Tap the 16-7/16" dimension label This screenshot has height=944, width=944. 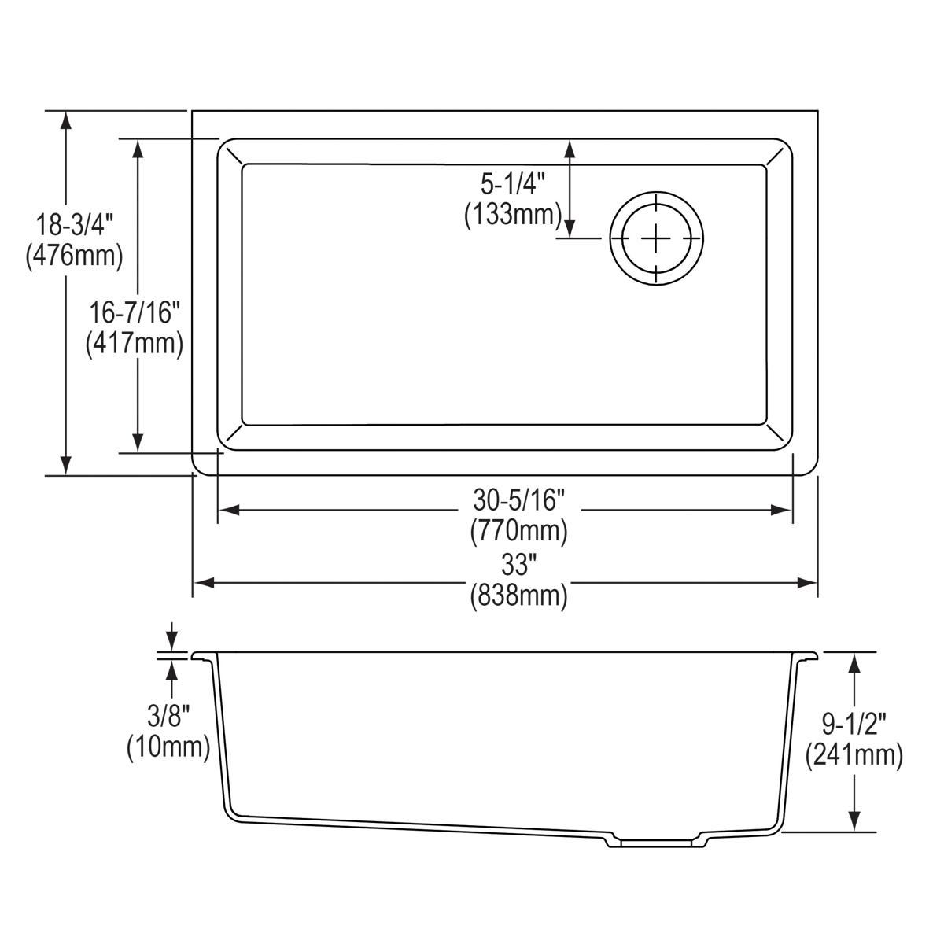point(135,313)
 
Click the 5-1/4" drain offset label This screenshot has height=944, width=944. point(513,185)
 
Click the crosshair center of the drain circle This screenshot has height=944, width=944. point(656,237)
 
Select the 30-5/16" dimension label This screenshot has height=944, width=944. point(519,500)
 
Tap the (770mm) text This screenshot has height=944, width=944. point(519,532)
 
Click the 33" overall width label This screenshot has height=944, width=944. point(519,565)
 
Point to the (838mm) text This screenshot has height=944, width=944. point(519,596)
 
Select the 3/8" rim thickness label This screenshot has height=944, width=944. point(168,715)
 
